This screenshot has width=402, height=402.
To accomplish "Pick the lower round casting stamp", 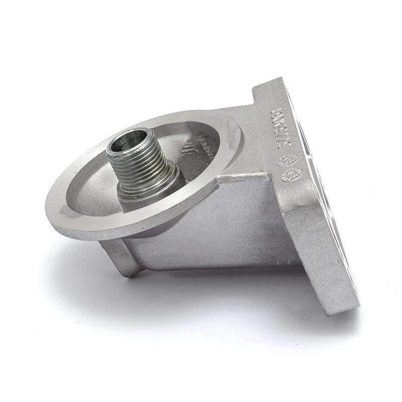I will click(x=292, y=174).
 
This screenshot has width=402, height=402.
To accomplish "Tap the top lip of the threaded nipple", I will click(x=130, y=133).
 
